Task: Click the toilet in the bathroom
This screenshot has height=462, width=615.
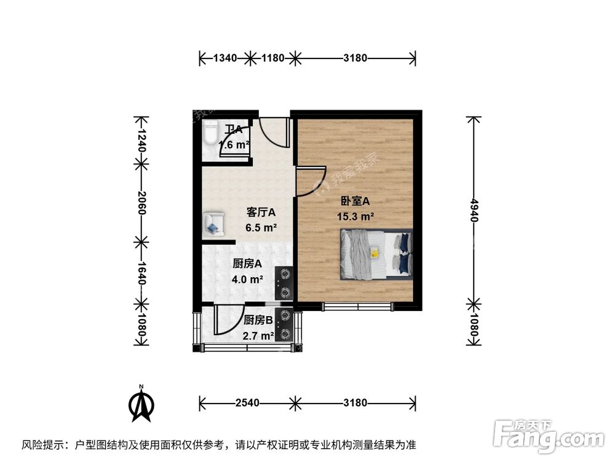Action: click(210, 132)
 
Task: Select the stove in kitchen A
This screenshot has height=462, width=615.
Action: click(285, 283)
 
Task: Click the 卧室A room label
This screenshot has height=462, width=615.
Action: click(355, 201)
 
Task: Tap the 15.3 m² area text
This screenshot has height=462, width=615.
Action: click(355, 216)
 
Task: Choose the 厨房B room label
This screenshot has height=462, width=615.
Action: click(259, 320)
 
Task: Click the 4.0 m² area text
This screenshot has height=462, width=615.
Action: click(248, 278)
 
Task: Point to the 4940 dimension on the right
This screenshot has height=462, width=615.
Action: click(473, 210)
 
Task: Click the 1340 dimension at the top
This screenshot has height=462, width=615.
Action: click(224, 59)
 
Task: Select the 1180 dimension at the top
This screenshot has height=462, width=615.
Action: click(272, 59)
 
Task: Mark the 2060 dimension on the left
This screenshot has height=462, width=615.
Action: click(141, 202)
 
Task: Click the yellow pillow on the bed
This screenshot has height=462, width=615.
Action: click(374, 252)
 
